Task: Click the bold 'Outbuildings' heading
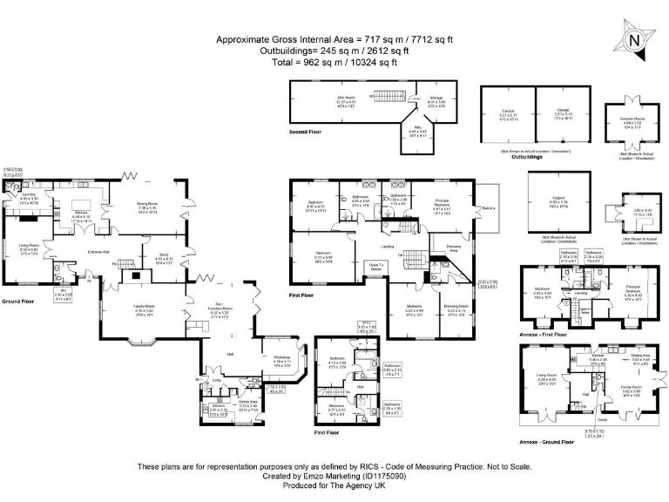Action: (533, 157)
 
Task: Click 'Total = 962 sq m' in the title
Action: (334, 62)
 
